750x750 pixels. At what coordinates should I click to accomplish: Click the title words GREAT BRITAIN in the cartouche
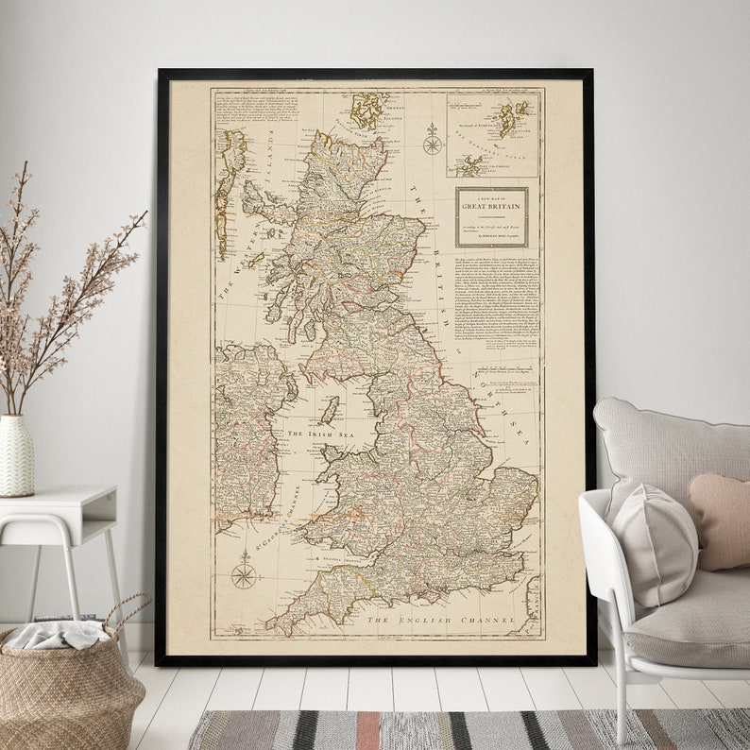pyautogui.click(x=491, y=203)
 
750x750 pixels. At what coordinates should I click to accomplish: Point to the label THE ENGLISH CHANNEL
pyautogui.click(x=441, y=621)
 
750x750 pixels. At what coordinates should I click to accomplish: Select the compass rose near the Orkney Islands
pyautogui.click(x=433, y=142)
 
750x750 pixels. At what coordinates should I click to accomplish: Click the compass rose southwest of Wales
pyautogui.click(x=245, y=573)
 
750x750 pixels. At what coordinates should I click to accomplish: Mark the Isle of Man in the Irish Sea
pyautogui.click(x=330, y=410)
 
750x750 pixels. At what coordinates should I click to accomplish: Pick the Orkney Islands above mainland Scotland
pyautogui.click(x=368, y=111)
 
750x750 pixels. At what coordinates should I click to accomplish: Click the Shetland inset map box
pyautogui.click(x=492, y=134)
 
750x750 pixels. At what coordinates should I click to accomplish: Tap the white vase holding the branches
pyautogui.click(x=17, y=455)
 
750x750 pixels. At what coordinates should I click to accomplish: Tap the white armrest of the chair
pyautogui.click(x=597, y=529)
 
